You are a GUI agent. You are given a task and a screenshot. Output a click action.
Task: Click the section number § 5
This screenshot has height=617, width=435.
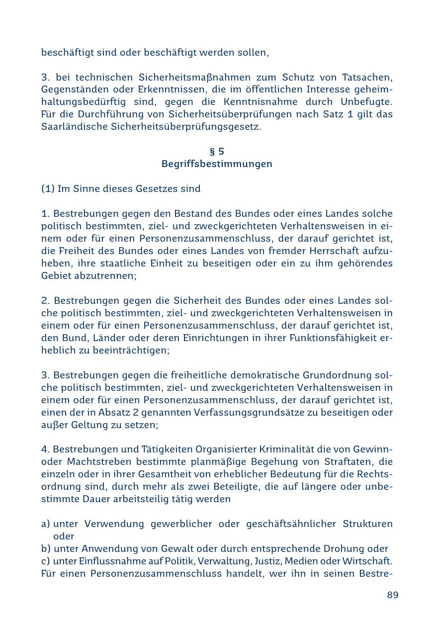(217, 152)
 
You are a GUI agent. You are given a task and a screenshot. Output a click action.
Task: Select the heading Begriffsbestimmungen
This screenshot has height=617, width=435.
(217, 164)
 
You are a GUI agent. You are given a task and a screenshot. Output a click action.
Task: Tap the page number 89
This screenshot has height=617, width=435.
(393, 595)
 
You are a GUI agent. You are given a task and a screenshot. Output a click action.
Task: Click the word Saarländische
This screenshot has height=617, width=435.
(69, 127)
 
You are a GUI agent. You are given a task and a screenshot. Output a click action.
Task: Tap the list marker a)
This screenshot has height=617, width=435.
(46, 524)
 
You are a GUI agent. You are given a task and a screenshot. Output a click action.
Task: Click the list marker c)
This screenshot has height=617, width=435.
(46, 561)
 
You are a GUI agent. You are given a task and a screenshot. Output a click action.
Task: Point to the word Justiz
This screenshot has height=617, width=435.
(268, 561)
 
